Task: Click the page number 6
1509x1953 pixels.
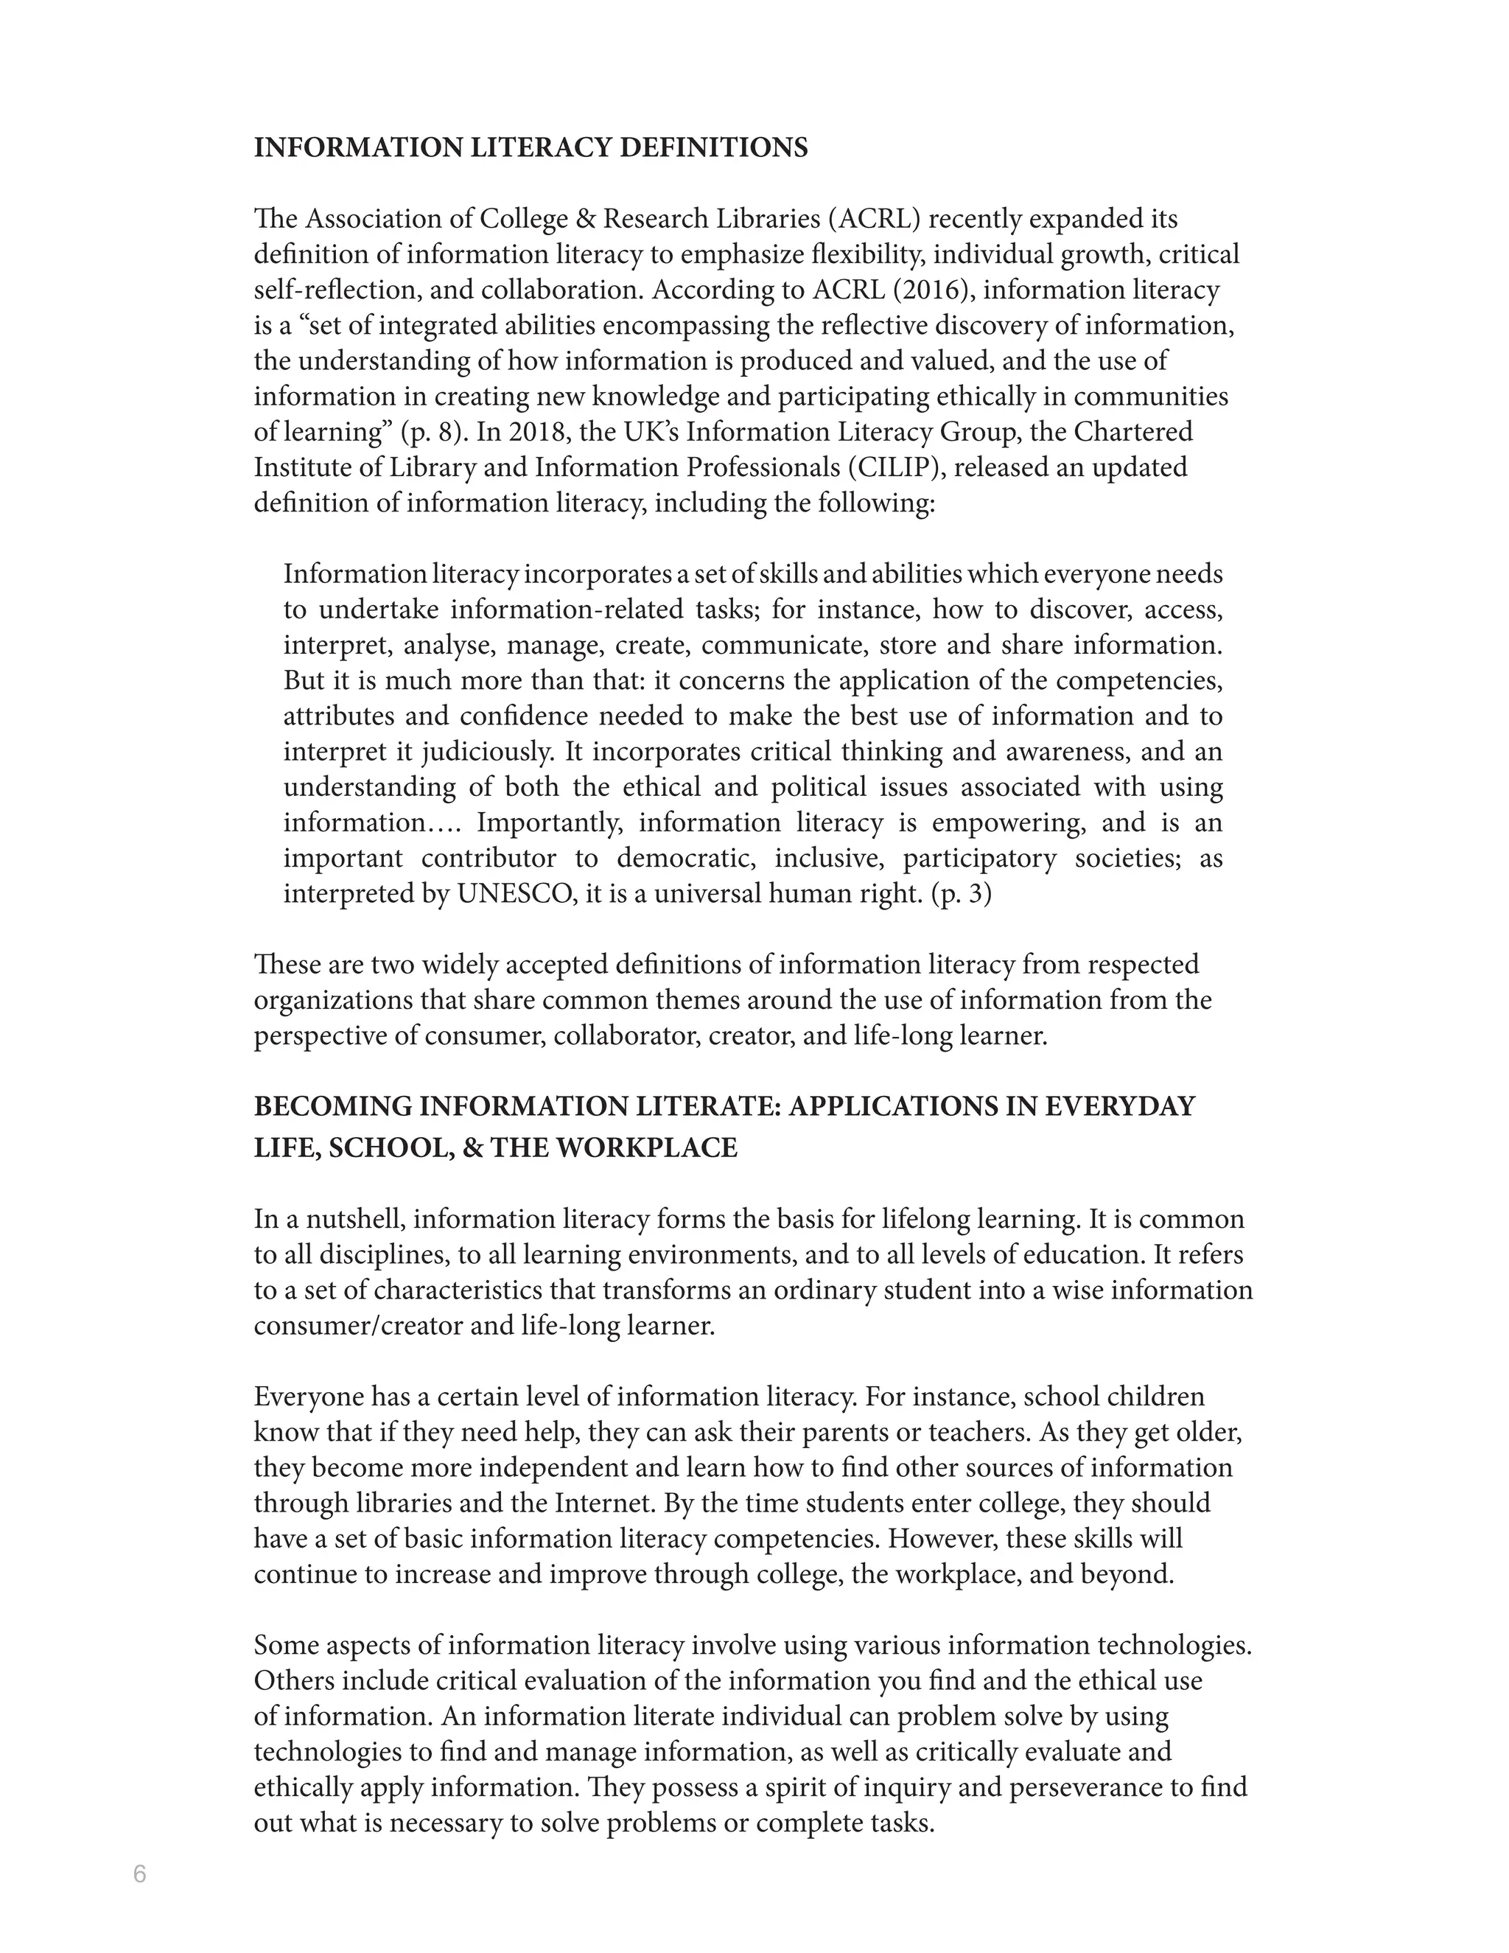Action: point(139,1873)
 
